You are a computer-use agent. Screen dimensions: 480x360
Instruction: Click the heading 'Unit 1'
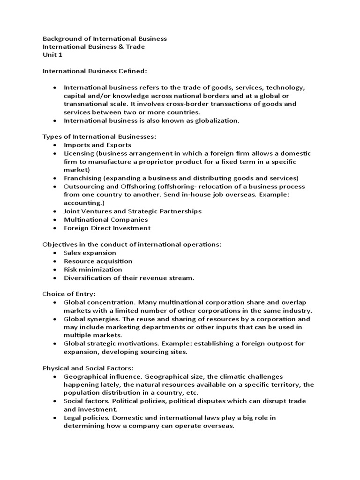52,55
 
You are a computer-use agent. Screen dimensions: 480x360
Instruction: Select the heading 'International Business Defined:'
95,71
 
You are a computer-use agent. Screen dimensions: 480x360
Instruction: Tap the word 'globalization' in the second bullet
217,120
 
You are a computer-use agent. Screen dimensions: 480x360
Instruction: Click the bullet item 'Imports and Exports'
97,145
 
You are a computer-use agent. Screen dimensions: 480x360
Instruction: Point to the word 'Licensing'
78,153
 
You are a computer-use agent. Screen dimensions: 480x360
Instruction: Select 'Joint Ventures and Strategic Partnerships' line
133,211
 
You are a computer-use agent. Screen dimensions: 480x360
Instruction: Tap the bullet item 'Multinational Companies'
106,219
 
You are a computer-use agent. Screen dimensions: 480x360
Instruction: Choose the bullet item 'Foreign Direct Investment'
107,228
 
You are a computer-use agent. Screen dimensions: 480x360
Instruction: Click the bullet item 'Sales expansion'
90,253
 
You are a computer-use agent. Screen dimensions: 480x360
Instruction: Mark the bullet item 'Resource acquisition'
98,261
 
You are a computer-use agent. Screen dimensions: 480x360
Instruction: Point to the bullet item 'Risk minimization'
93,270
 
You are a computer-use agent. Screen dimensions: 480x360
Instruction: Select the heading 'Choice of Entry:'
69,294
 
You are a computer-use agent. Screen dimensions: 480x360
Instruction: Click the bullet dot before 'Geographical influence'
55,376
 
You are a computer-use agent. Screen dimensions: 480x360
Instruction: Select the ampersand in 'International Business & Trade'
122,47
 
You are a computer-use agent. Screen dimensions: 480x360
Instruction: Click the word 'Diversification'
87,278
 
